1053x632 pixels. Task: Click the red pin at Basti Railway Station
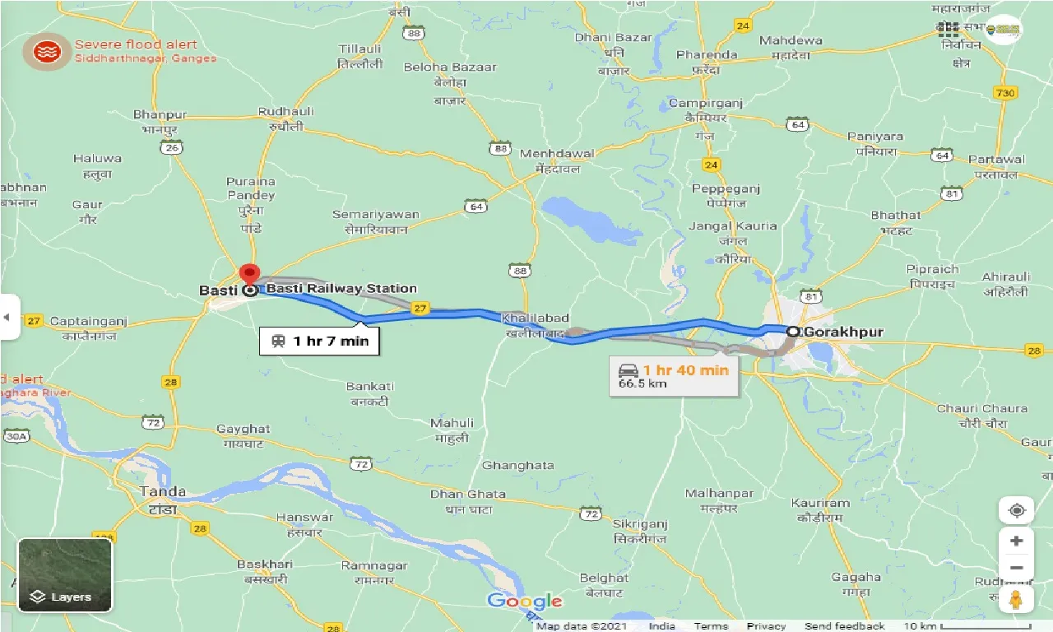pos(249,273)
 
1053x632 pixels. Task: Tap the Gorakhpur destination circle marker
pos(793,332)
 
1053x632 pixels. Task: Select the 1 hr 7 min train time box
pos(319,341)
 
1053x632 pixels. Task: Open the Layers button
pos(65,575)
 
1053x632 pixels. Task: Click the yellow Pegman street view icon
pos(1016,599)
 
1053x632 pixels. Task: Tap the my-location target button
pos(1016,510)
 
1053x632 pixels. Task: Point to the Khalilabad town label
pos(537,318)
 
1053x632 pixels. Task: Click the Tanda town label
pos(163,491)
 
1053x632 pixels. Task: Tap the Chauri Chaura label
pos(981,408)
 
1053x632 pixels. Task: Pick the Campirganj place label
pos(705,103)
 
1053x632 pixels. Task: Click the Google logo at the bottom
pos(524,602)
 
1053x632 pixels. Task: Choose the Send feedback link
pos(845,626)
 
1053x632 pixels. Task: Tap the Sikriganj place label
pos(640,523)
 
